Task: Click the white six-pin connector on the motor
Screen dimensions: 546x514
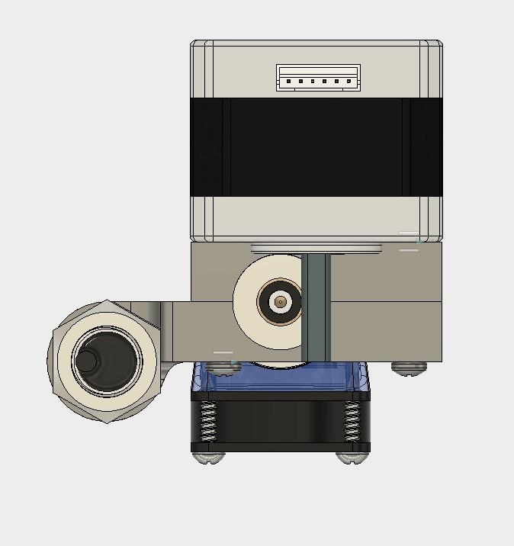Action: coord(318,78)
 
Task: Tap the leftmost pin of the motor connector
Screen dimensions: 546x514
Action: coord(289,82)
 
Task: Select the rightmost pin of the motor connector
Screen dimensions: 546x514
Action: coord(349,82)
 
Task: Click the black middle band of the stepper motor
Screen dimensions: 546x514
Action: coord(316,147)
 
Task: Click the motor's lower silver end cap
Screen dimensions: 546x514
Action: coord(316,218)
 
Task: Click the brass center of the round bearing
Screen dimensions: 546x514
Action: coord(281,303)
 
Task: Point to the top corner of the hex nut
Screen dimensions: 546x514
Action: coord(107,302)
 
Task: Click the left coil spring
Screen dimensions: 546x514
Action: coord(207,422)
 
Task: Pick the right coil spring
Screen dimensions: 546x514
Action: coord(351,422)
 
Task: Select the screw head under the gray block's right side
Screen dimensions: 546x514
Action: coord(409,368)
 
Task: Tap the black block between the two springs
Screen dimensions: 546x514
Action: coord(279,423)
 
